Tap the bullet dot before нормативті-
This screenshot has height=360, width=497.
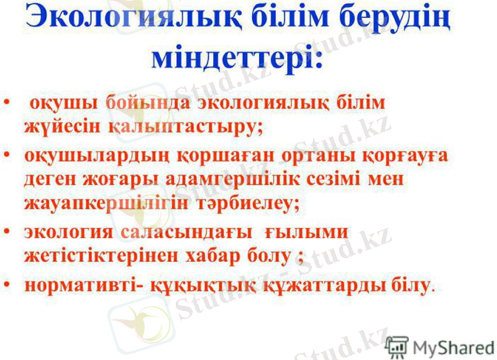coord(7,285)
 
